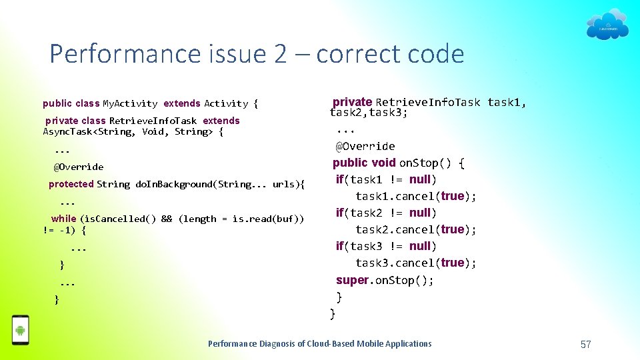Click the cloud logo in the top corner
(x=607, y=25)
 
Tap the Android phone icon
(x=21, y=330)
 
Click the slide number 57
(x=586, y=344)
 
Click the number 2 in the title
(x=280, y=53)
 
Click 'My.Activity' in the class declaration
(x=130, y=103)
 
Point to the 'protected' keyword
(x=71, y=184)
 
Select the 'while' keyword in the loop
(x=63, y=219)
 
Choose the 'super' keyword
(x=352, y=280)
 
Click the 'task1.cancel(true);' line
(x=416, y=196)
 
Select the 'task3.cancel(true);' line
(x=416, y=263)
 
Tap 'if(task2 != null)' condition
(x=387, y=213)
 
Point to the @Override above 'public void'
(x=365, y=146)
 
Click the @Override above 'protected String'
(x=79, y=167)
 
